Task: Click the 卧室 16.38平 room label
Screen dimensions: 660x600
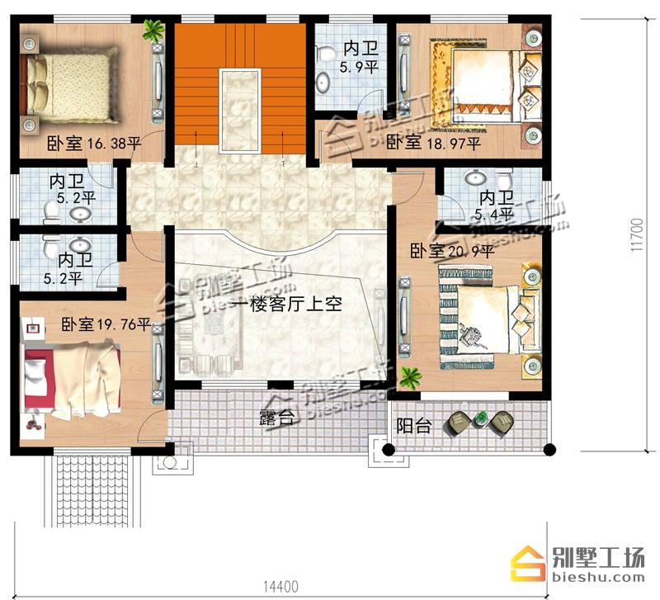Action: [93, 144]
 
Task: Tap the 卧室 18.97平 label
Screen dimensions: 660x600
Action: [434, 143]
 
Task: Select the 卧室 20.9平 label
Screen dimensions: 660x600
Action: [452, 252]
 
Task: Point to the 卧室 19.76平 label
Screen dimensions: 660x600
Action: [106, 324]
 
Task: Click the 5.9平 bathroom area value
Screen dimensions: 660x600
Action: [359, 67]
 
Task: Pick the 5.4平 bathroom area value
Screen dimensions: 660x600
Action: [493, 215]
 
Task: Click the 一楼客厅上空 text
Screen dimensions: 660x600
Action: [286, 304]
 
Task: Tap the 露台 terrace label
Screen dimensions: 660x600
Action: [276, 418]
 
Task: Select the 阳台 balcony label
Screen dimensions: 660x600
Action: [414, 426]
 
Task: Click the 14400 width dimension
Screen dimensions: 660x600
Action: [280, 587]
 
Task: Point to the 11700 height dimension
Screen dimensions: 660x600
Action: [637, 235]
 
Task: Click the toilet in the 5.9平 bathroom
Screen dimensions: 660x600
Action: [325, 53]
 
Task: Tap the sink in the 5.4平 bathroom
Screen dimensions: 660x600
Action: [476, 177]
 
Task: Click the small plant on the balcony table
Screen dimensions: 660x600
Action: [480, 418]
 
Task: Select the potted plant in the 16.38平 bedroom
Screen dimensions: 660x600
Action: [153, 30]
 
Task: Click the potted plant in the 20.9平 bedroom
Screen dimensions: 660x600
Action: [410, 377]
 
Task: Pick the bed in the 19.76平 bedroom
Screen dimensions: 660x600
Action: [73, 378]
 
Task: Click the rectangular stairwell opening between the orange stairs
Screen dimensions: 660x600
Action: [239, 111]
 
